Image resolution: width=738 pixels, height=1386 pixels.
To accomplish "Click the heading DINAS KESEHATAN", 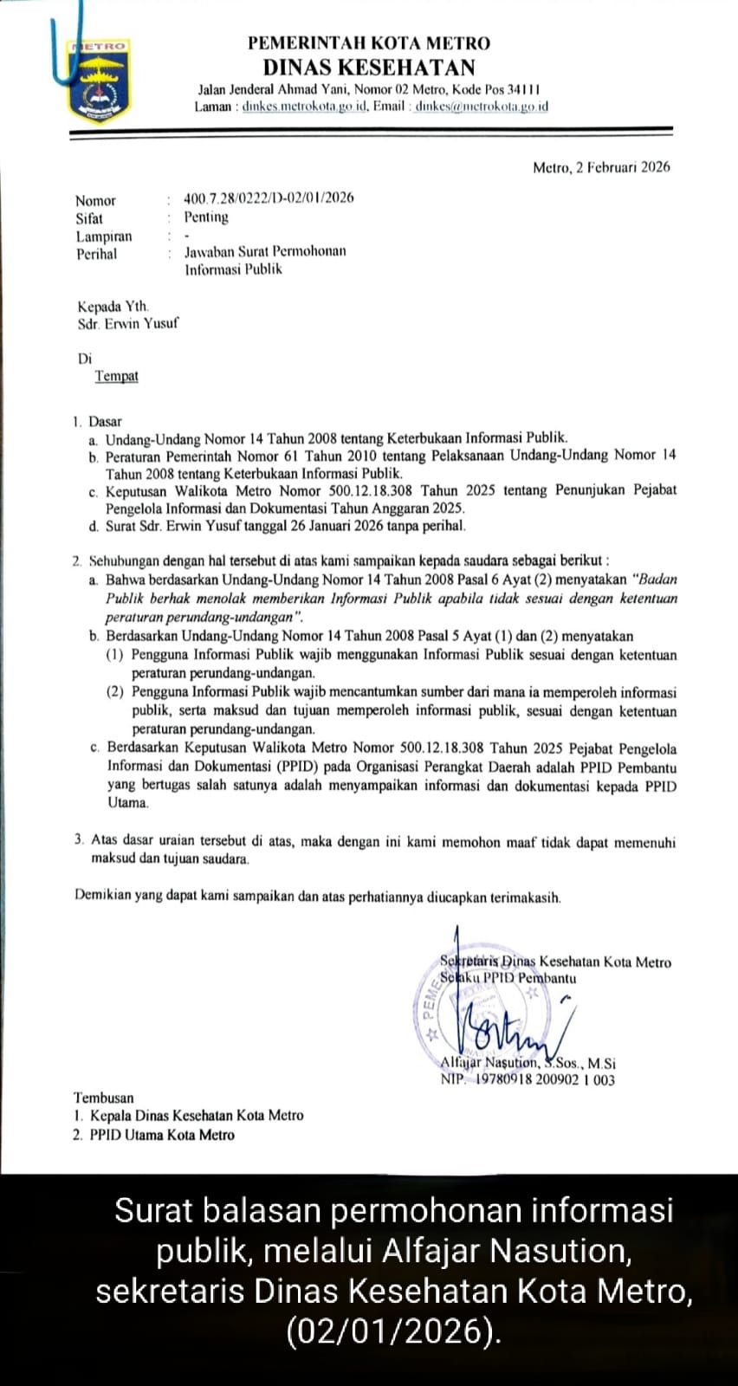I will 370,68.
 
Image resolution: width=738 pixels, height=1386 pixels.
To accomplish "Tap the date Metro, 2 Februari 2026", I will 600,167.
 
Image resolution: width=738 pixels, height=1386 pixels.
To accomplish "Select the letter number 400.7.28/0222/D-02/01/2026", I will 269,198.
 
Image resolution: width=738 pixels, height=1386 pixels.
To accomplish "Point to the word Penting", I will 206,217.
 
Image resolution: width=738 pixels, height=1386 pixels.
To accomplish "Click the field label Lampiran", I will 104,236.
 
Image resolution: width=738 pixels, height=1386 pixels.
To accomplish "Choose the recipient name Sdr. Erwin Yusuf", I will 127,324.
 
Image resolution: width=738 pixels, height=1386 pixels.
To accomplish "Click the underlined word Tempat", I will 116,376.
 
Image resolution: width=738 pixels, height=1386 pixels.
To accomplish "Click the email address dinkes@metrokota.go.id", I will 481,107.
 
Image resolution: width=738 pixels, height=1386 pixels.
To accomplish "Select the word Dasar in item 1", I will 106,422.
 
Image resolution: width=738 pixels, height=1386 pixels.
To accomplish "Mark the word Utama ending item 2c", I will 128,803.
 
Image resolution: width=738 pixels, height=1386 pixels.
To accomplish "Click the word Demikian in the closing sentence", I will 102,897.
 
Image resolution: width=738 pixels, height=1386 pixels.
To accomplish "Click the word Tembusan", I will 105,1098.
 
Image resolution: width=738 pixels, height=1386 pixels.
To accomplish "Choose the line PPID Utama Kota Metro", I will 162,1135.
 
